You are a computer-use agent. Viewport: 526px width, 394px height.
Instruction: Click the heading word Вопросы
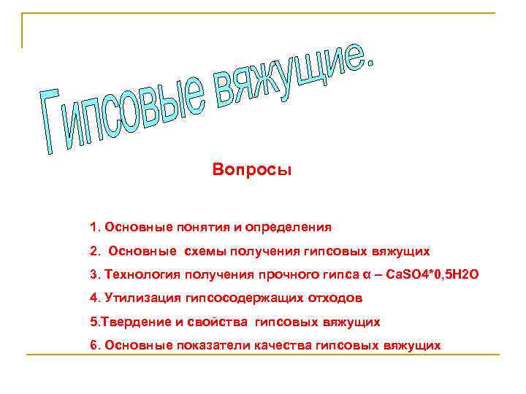(x=252, y=170)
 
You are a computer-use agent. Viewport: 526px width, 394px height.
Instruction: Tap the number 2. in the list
(x=96, y=250)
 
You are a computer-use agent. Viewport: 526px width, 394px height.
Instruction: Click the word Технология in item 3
(x=139, y=274)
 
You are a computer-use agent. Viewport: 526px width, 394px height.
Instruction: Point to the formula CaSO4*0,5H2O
(x=434, y=274)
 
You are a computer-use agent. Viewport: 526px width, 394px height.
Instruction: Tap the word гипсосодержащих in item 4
(x=237, y=298)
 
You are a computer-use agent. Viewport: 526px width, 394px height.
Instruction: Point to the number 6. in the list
(x=96, y=344)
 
